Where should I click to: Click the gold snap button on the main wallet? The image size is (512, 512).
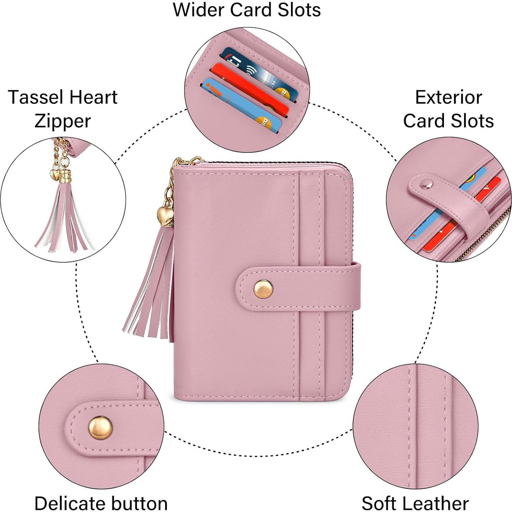(263, 289)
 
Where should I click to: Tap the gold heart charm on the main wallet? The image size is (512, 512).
(165, 215)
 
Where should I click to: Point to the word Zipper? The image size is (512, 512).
(63, 121)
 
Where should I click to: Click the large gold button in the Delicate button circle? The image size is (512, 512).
(101, 428)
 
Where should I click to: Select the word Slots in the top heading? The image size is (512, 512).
(299, 10)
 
